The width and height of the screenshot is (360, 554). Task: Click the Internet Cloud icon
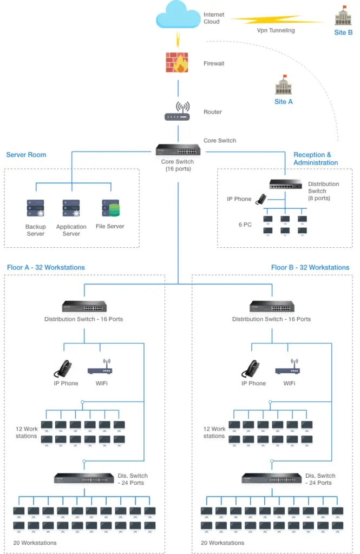(x=178, y=15)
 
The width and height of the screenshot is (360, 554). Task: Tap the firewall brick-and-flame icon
(x=177, y=63)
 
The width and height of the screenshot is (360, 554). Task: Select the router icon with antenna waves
(x=177, y=111)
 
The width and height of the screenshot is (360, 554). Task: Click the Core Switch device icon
(x=178, y=150)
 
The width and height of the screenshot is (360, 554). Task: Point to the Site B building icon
(x=343, y=16)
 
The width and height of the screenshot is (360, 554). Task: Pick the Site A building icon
(x=284, y=85)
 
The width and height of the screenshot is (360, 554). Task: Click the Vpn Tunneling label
(x=276, y=30)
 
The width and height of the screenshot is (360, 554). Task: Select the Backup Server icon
(x=35, y=208)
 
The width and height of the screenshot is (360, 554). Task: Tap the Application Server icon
(x=71, y=208)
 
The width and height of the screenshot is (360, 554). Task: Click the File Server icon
(x=110, y=208)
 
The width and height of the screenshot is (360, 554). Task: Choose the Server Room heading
(x=26, y=155)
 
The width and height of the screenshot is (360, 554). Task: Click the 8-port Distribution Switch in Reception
(x=286, y=184)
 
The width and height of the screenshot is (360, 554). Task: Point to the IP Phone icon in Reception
(x=261, y=199)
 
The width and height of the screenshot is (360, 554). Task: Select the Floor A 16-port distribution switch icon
(x=84, y=306)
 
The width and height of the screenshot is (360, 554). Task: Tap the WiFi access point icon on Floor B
(x=287, y=367)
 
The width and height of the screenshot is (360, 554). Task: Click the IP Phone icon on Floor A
(x=63, y=369)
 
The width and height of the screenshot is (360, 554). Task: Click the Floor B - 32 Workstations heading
(x=310, y=267)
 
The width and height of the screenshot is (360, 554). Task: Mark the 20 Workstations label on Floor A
(x=35, y=543)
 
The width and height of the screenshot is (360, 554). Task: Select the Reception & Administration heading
(x=316, y=159)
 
